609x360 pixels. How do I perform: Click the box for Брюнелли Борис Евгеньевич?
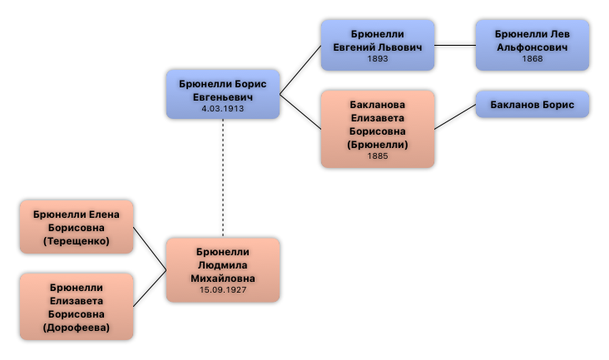pyautogui.click(x=223, y=94)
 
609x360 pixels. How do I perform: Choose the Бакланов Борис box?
pyautogui.click(x=532, y=105)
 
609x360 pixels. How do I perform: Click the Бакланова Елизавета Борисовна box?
pyautogui.click(x=378, y=129)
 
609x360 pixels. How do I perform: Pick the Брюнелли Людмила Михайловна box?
pyautogui.click(x=223, y=269)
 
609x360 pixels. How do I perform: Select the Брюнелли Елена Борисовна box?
pyautogui.click(x=77, y=227)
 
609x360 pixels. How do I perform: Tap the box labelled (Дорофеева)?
pyautogui.click(x=77, y=306)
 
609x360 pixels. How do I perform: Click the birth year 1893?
pyautogui.click(x=378, y=59)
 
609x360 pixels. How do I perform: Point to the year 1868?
pyautogui.click(x=532, y=59)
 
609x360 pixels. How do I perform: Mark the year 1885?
pyautogui.click(x=378, y=155)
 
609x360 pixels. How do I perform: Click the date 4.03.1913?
pyautogui.click(x=223, y=109)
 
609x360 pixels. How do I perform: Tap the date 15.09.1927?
pyautogui.click(x=223, y=290)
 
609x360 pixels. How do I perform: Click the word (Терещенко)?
pyautogui.click(x=77, y=242)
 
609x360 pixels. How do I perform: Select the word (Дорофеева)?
pyautogui.click(x=77, y=328)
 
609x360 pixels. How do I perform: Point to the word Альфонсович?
pyautogui.click(x=532, y=47)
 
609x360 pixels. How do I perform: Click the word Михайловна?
pyautogui.click(x=223, y=278)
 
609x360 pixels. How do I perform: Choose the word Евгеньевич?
pyautogui.click(x=223, y=96)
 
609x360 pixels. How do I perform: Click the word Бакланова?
pyautogui.click(x=378, y=105)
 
